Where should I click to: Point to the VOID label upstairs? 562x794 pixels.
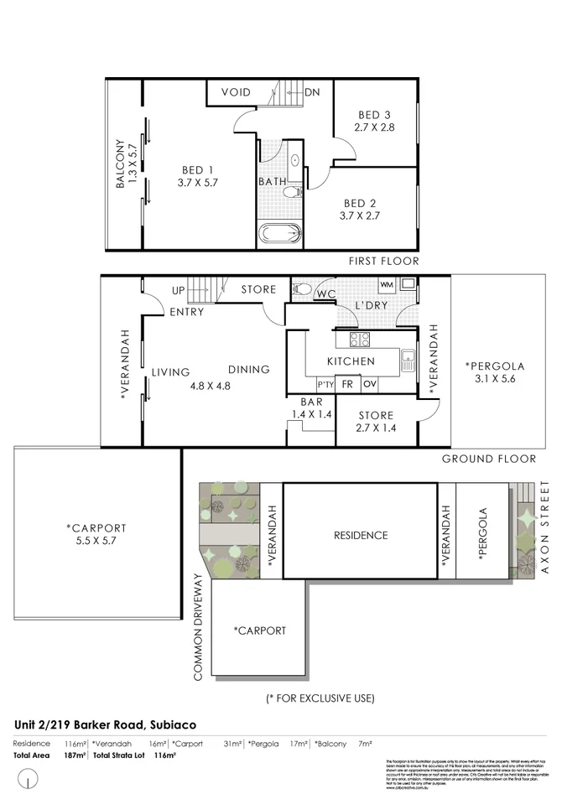[236, 92]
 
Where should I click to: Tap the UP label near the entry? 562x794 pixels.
[178, 290]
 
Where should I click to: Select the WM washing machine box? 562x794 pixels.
[387, 286]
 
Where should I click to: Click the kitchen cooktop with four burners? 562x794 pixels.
[359, 340]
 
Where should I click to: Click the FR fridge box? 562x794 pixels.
[346, 385]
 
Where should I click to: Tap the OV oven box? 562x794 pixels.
[370, 385]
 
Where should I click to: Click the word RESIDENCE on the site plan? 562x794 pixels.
[361, 535]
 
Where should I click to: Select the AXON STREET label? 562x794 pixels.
[544, 527]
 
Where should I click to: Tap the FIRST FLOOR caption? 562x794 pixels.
[383, 262]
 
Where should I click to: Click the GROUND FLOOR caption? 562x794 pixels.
[490, 459]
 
